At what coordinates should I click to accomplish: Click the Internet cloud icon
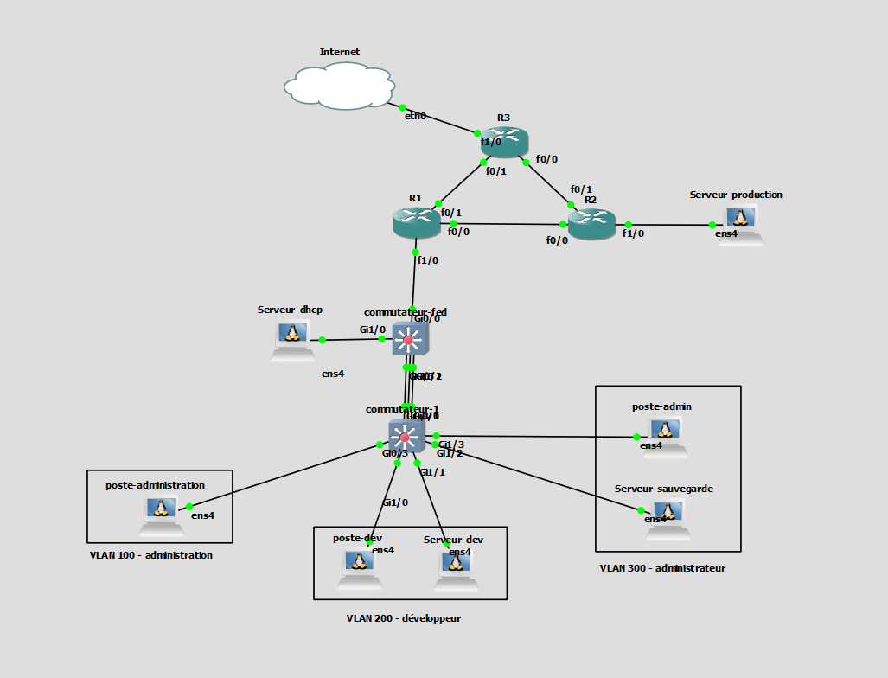pyautogui.click(x=340, y=86)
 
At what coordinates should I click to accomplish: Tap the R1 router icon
pyautogui.click(x=416, y=222)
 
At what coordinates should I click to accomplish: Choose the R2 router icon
pyautogui.click(x=591, y=224)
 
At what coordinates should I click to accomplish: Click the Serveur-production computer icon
pyautogui.click(x=741, y=225)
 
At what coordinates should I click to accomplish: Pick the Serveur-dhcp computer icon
pyautogui.click(x=292, y=340)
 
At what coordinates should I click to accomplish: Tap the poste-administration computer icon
pyautogui.click(x=158, y=516)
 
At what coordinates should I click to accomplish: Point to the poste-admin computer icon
pyautogui.click(x=665, y=435)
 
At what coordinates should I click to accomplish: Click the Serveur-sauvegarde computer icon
pyautogui.click(x=668, y=517)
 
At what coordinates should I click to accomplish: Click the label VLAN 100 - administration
pyautogui.click(x=150, y=555)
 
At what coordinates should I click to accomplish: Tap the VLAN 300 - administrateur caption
pyautogui.click(x=662, y=568)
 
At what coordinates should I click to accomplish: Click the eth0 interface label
pyautogui.click(x=415, y=116)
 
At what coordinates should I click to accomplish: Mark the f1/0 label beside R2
pyautogui.click(x=633, y=233)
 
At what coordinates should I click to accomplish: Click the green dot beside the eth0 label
pyautogui.click(x=403, y=107)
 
